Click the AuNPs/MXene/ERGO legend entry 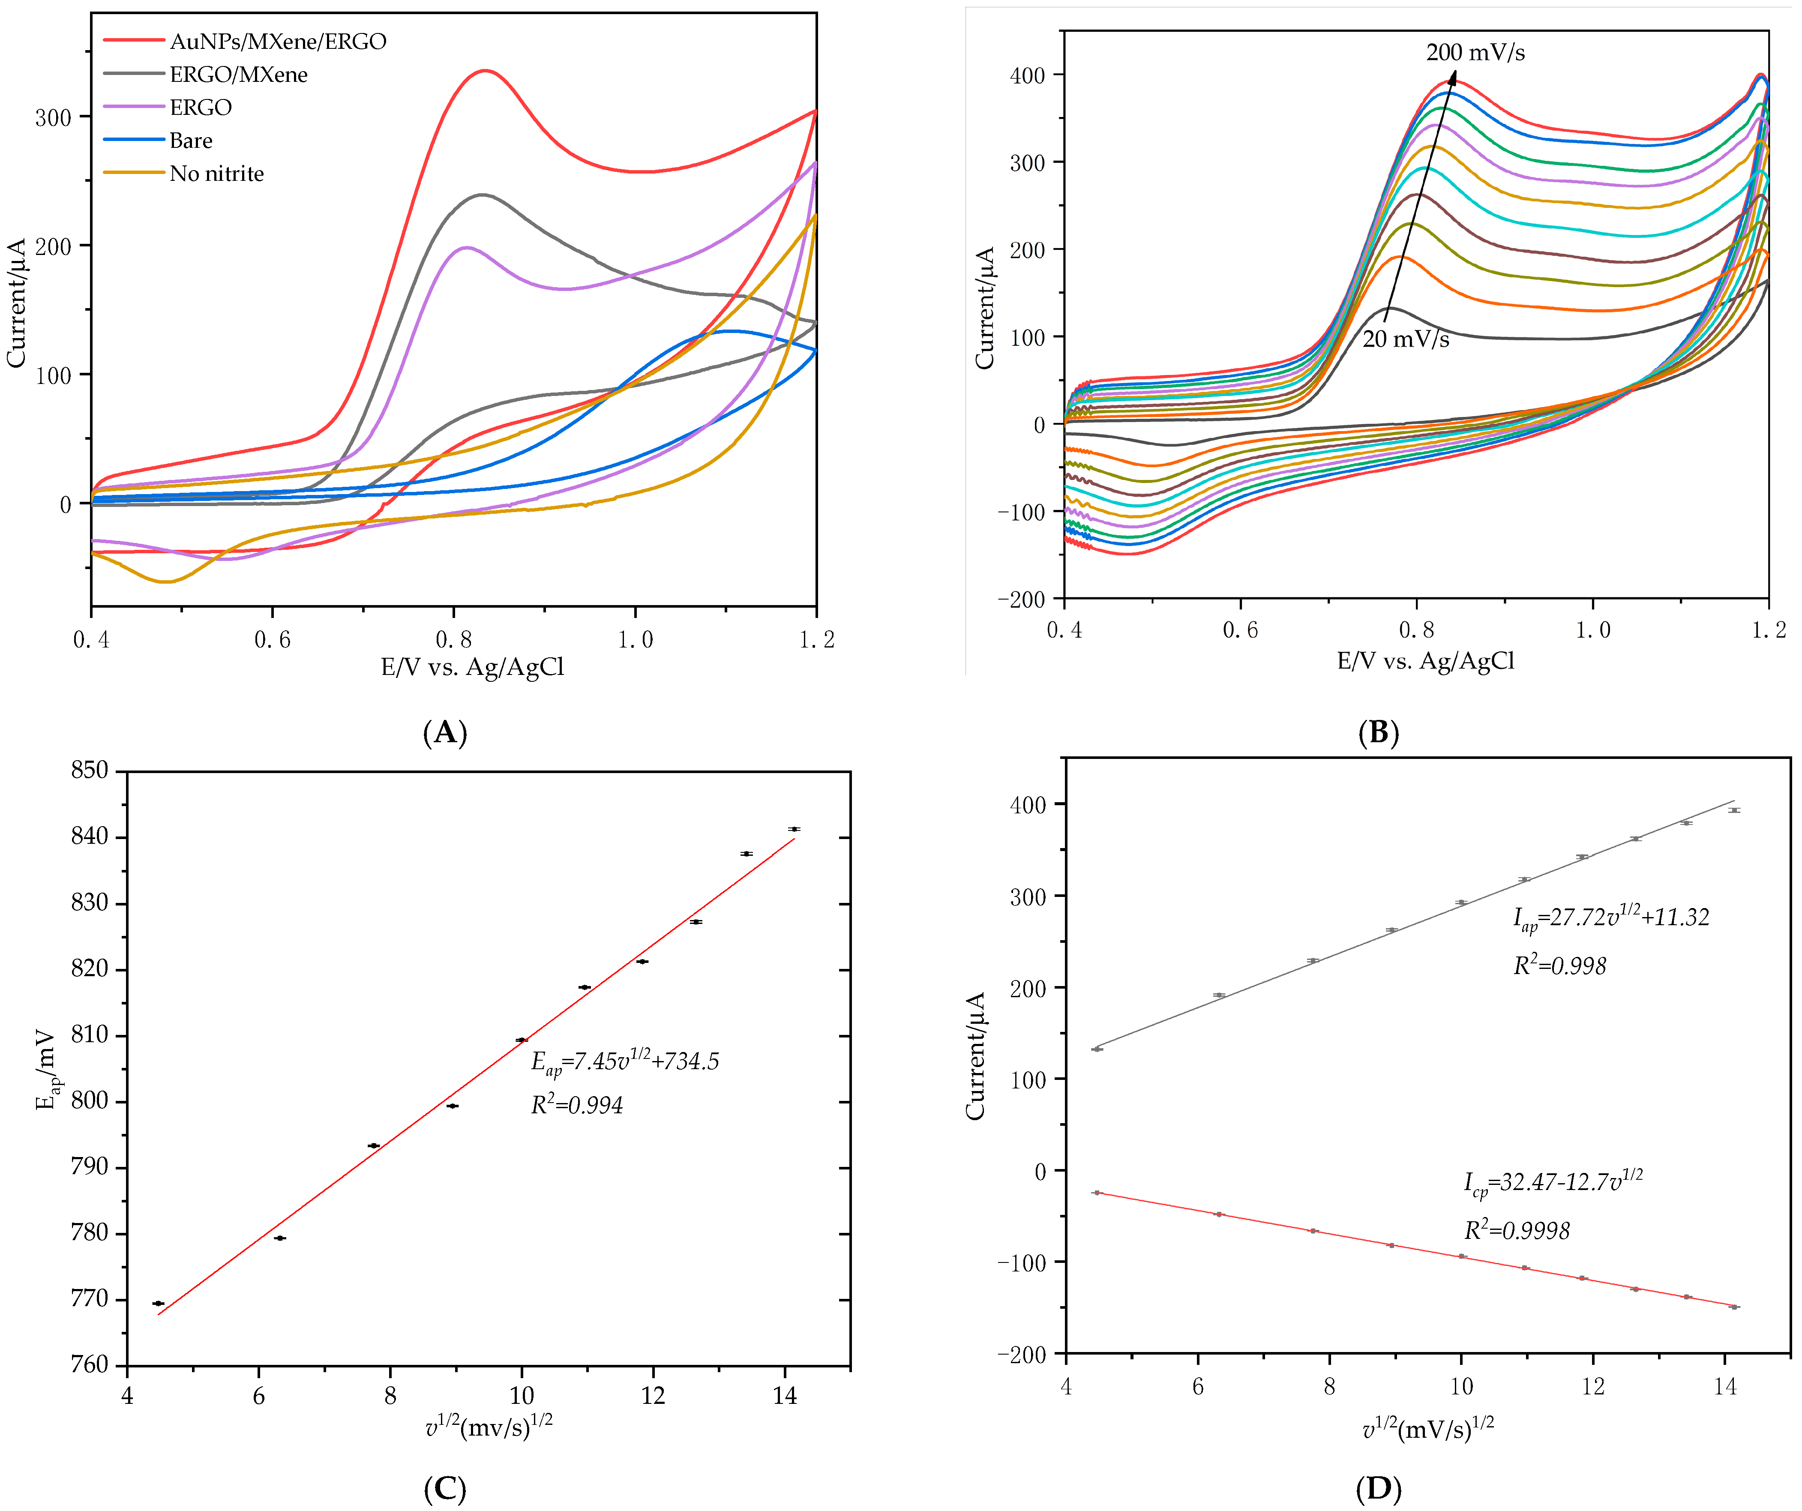pos(277,41)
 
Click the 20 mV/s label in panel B pos(1406,340)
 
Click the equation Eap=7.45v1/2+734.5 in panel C pos(625,1062)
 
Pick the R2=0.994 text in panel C pos(577,1105)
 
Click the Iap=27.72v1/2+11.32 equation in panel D pos(1610,918)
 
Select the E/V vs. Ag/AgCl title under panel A pos(472,667)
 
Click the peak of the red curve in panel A pos(486,70)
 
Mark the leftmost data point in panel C pos(158,1303)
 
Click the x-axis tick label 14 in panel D pos(1725,1388)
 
